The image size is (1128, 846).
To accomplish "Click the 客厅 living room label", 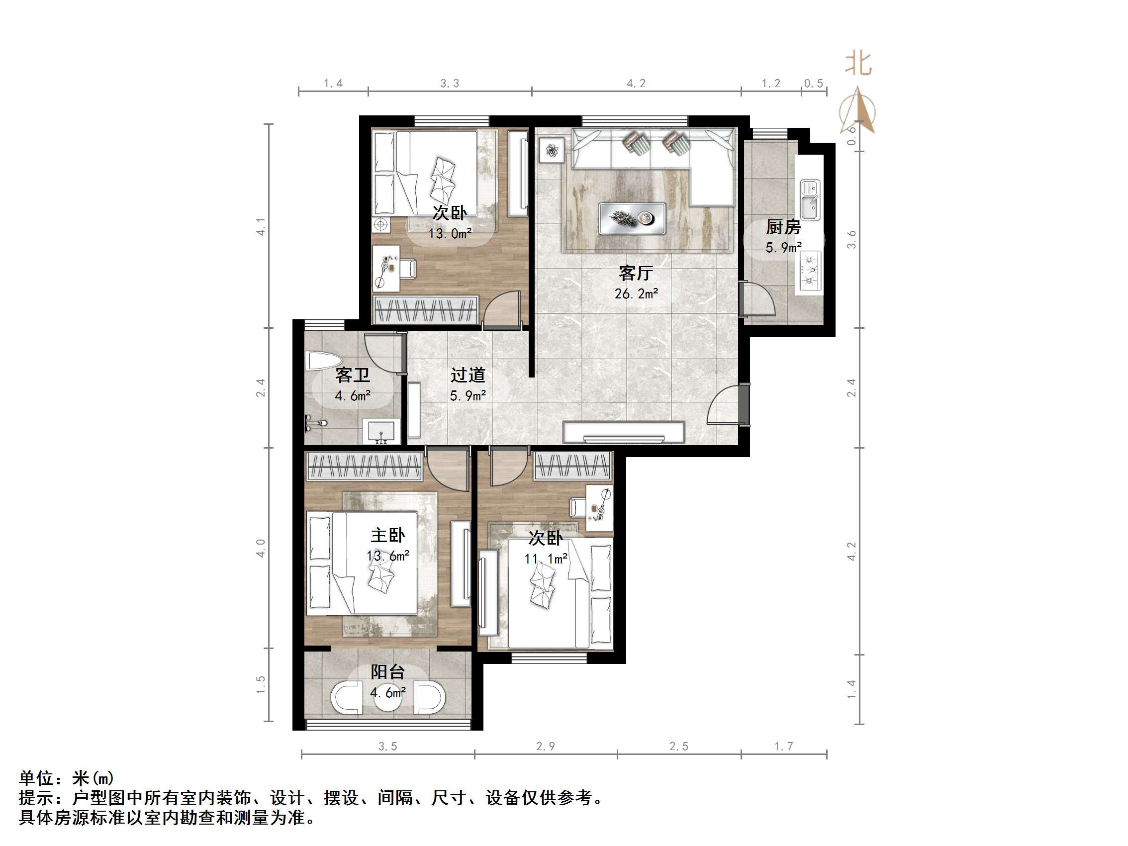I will coord(636,274).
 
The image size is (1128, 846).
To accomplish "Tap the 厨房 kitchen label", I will coord(783,227).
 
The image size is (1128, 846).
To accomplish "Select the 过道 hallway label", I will coord(467,376).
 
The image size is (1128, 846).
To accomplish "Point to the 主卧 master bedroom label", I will coord(387,536).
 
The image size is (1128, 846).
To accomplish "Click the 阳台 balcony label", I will coord(387,672).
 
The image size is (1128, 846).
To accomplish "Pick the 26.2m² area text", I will coord(636,294).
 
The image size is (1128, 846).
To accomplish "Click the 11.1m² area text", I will coord(546,559).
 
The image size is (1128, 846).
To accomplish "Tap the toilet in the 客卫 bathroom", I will coord(321,362).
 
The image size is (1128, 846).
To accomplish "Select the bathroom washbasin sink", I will coord(381,431).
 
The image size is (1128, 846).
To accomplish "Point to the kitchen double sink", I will coord(810,199).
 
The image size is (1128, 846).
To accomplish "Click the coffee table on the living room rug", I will coord(632,218).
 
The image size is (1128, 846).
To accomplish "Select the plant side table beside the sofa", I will coord(552,150).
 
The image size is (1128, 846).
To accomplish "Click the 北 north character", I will coord(858,64).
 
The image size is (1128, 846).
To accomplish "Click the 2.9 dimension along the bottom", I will coord(545,747).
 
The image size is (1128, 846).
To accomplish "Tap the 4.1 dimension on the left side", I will coord(261,226).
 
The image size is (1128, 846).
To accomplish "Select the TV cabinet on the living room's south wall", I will coord(623,432).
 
